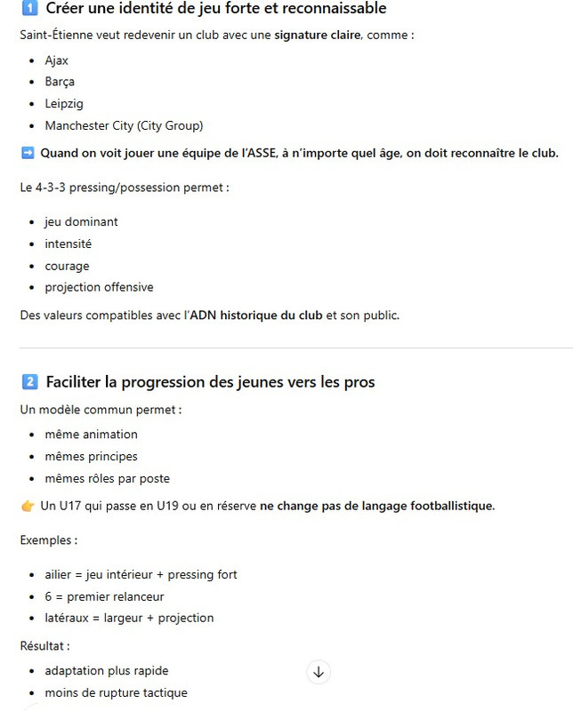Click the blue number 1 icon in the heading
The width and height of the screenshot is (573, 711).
pyautogui.click(x=28, y=9)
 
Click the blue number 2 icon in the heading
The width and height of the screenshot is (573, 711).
pyautogui.click(x=28, y=382)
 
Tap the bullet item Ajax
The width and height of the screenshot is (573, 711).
pyautogui.click(x=56, y=60)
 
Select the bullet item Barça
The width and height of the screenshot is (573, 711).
pyautogui.click(x=60, y=82)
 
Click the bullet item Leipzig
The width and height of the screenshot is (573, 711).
pyautogui.click(x=64, y=103)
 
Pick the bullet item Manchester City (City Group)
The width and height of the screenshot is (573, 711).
pyautogui.click(x=124, y=125)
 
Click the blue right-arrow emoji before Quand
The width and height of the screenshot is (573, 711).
pyautogui.click(x=28, y=153)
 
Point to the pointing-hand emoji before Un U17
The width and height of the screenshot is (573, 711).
pyautogui.click(x=28, y=506)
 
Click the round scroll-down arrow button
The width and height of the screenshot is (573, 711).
pyautogui.click(x=319, y=672)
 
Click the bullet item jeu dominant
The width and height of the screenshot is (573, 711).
pyautogui.click(x=81, y=222)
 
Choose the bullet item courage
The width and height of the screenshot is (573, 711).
pyautogui.click(x=67, y=266)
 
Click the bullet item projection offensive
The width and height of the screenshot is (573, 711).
pyautogui.click(x=99, y=287)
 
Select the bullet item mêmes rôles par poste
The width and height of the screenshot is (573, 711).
pyautogui.click(x=107, y=478)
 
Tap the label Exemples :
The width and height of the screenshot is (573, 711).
pyautogui.click(x=48, y=540)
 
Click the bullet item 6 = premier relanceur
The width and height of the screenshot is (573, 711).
pyautogui.click(x=104, y=596)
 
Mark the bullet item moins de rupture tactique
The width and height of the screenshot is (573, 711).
pyautogui.click(x=116, y=692)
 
